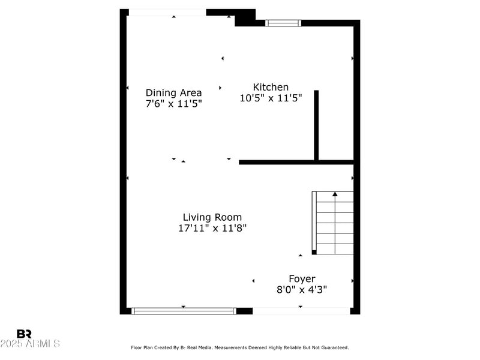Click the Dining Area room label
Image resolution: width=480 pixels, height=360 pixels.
173,93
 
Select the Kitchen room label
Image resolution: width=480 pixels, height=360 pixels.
271,88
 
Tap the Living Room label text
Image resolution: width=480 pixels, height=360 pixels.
212,217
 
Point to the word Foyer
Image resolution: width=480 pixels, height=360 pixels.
302,279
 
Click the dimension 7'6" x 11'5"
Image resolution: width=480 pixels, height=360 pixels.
173,103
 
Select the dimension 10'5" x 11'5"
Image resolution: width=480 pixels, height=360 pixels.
271,98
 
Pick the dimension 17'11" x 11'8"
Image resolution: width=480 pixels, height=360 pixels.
212,228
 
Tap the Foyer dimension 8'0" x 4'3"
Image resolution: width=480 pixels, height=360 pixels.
302,289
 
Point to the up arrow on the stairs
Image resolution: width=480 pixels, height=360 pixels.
335,194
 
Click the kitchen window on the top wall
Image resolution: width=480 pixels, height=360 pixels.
283,23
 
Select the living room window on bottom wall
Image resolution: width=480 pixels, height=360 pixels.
184,311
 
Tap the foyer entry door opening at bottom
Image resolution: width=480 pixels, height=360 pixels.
301,311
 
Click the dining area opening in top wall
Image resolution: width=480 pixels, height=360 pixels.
167,13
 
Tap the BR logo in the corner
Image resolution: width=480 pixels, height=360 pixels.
24,334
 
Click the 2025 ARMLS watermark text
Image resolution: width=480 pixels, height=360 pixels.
30,344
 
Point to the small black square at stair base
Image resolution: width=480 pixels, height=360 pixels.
314,253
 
